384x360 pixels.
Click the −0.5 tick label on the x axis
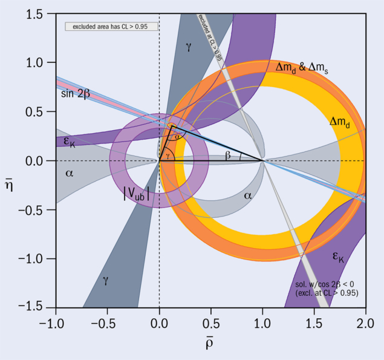point(107,319)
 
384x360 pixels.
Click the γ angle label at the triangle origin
point(168,155)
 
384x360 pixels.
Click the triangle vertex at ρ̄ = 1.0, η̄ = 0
point(262,161)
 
